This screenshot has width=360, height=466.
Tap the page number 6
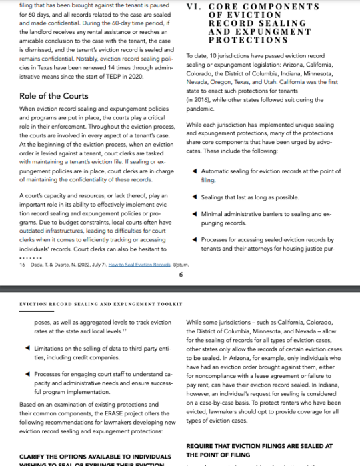tap(181, 275)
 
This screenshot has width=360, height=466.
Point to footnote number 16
tap(23, 265)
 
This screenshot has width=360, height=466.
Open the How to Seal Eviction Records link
tap(137, 265)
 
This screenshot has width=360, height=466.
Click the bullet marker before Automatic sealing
tap(194, 171)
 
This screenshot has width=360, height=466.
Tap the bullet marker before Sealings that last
tap(194, 196)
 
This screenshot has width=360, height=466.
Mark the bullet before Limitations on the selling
tap(27, 347)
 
